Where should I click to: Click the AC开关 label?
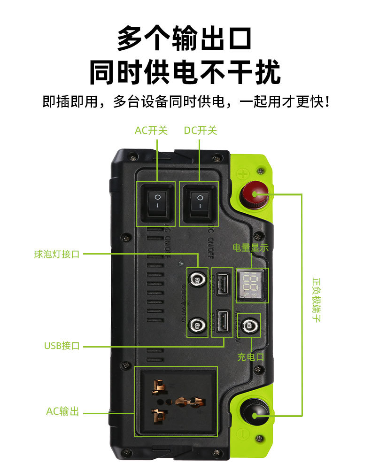(x=151, y=131)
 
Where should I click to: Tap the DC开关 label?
(x=201, y=131)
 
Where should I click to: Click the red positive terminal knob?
(x=254, y=194)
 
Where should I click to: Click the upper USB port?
(x=223, y=283)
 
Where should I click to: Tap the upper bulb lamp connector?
(x=198, y=280)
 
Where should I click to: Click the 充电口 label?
(x=251, y=357)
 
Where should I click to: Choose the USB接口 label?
(x=62, y=346)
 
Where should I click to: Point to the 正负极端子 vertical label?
(x=316, y=301)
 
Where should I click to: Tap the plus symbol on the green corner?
(x=243, y=174)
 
